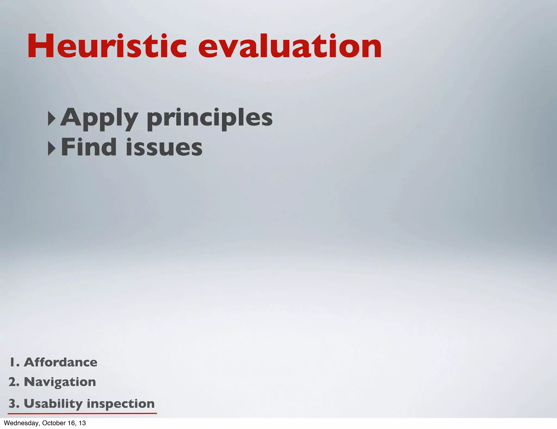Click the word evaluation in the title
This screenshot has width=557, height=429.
[290, 46]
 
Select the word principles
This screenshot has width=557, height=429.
[210, 118]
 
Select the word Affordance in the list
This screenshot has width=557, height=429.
[60, 362]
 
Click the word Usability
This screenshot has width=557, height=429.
[53, 404]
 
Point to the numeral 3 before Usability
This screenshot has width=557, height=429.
[13, 404]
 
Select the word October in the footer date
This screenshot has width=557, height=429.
[53, 423]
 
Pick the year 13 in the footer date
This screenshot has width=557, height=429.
[82, 423]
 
